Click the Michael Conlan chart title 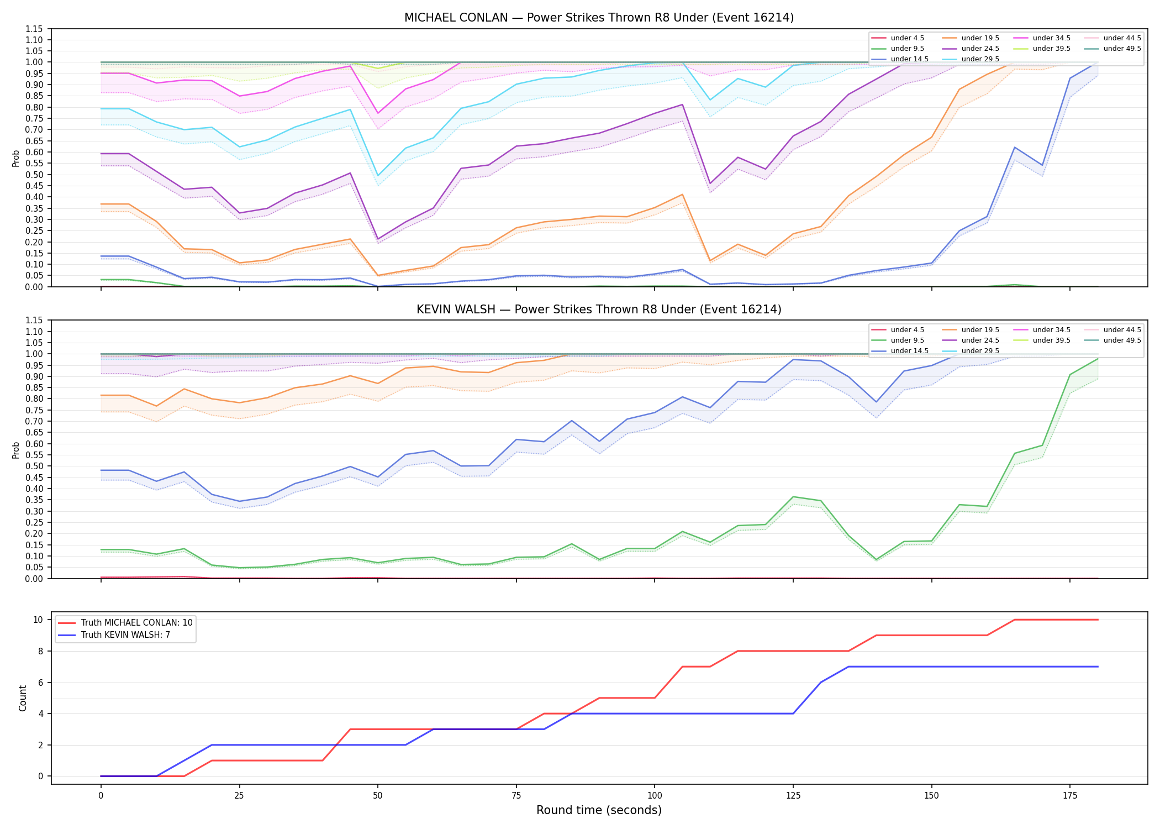[599, 18]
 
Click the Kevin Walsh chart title [599, 309]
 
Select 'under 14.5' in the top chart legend [910, 59]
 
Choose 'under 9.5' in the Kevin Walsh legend [908, 340]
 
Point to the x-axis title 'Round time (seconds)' [599, 810]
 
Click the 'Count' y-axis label [23, 698]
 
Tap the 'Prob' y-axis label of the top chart [16, 158]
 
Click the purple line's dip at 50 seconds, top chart [378, 239]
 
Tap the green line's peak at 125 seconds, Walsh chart [793, 497]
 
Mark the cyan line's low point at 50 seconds [378, 176]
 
